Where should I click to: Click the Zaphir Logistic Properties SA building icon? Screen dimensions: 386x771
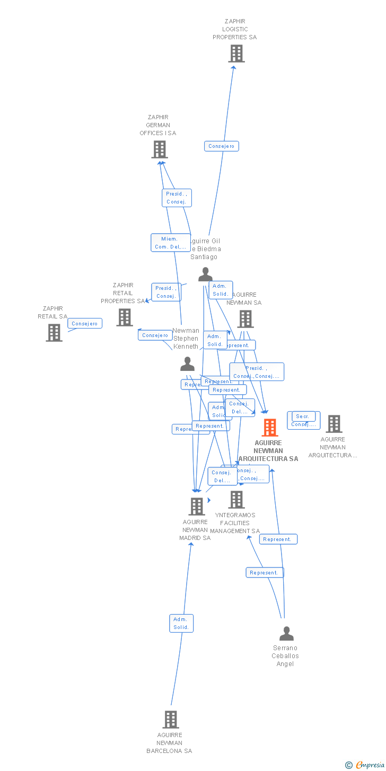tap(236, 54)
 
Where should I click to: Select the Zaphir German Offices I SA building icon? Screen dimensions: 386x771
tap(159, 149)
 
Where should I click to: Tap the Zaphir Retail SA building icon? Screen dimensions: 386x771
tap(54, 333)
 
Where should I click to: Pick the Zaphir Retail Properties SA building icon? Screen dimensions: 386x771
tap(125, 317)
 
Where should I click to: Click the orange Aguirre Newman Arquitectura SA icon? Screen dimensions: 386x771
tap(270, 428)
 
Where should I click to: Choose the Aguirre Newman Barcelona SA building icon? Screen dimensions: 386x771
tap(170, 720)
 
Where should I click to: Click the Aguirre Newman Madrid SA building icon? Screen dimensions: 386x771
tap(196, 507)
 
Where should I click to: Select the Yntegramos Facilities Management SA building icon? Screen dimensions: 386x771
tap(236, 500)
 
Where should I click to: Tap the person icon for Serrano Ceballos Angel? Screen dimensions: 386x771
tap(286, 634)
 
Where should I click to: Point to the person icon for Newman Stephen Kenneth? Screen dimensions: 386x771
tap(187, 364)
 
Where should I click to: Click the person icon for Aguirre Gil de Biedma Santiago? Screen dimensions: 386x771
tap(205, 274)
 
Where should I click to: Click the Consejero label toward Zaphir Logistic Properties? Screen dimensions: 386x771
tap(222, 146)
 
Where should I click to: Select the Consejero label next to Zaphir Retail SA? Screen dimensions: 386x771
tap(85, 323)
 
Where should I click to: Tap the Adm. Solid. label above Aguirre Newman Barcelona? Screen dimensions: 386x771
tap(181, 623)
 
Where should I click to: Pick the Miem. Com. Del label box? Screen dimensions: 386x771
tap(170, 243)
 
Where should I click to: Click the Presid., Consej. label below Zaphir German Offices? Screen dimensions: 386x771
tap(177, 198)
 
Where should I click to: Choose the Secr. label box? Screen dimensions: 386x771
tap(303, 416)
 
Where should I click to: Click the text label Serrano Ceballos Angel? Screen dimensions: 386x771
tap(285, 656)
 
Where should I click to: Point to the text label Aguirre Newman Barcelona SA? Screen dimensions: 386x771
tap(170, 743)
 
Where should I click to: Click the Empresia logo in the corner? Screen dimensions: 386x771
tap(365, 765)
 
